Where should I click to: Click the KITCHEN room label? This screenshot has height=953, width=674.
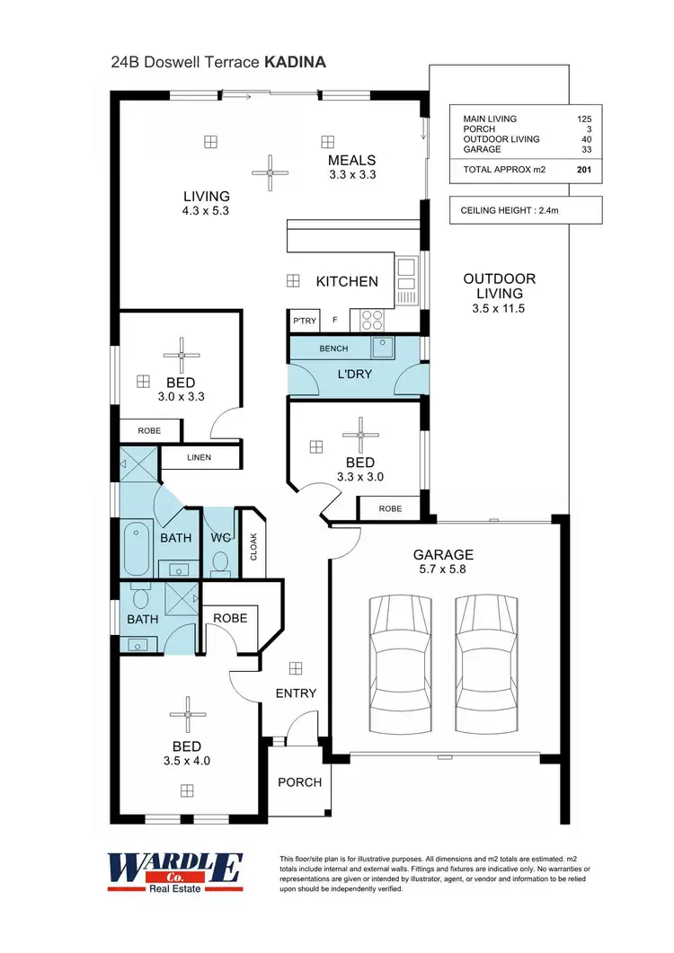[x=347, y=281]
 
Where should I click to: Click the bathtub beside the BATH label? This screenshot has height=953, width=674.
[x=138, y=548]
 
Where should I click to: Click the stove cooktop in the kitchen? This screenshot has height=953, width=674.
[x=373, y=319]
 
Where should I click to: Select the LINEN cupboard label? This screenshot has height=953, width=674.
[x=199, y=457]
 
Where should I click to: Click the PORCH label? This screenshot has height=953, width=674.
[x=299, y=782]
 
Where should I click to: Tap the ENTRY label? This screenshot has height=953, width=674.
[x=296, y=693]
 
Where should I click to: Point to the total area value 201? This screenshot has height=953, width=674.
[x=584, y=169]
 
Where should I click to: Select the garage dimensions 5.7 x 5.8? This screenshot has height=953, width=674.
[x=443, y=569]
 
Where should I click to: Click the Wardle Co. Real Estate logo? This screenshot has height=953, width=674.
[x=174, y=871]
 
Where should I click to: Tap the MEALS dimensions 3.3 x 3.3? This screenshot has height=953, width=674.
[x=351, y=174]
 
